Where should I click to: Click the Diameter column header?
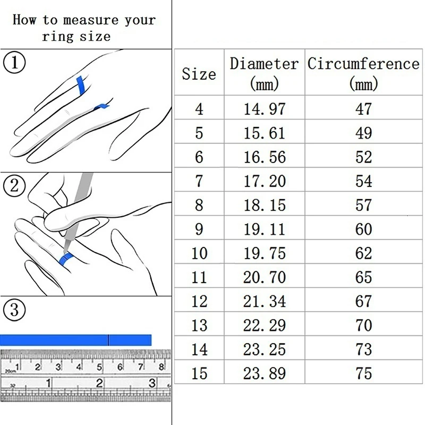click(x=264, y=72)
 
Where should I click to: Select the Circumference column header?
click(x=363, y=72)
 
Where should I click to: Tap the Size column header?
click(x=199, y=74)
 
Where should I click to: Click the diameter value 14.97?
click(x=264, y=109)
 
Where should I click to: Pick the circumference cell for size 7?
click(x=363, y=181)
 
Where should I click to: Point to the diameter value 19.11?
click(x=264, y=229)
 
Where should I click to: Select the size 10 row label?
click(x=199, y=253)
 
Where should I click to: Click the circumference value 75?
click(x=363, y=373)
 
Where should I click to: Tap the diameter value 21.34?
click(x=264, y=301)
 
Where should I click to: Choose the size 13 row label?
click(x=199, y=325)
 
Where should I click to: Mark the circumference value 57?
click(x=363, y=205)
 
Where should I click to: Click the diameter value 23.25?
click(x=264, y=350)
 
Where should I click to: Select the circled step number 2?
click(x=14, y=186)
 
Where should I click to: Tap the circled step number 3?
click(x=14, y=310)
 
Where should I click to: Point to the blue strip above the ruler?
click(x=76, y=340)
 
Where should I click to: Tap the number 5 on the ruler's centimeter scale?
click(x=99, y=367)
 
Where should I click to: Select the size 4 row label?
click(x=199, y=109)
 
